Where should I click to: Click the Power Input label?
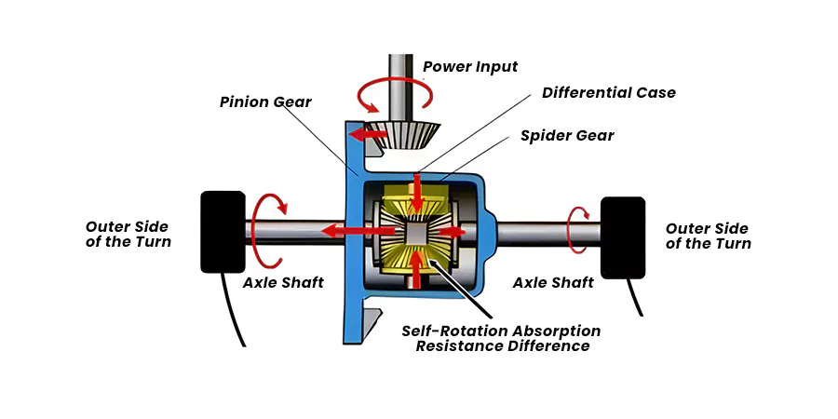tap(469, 66)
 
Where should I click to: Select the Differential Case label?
tap(609, 93)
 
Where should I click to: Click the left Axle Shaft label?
tap(283, 283)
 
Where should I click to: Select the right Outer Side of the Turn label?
tap(709, 237)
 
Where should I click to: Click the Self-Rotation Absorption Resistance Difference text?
tap(501, 338)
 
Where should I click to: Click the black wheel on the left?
tap(222, 232)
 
